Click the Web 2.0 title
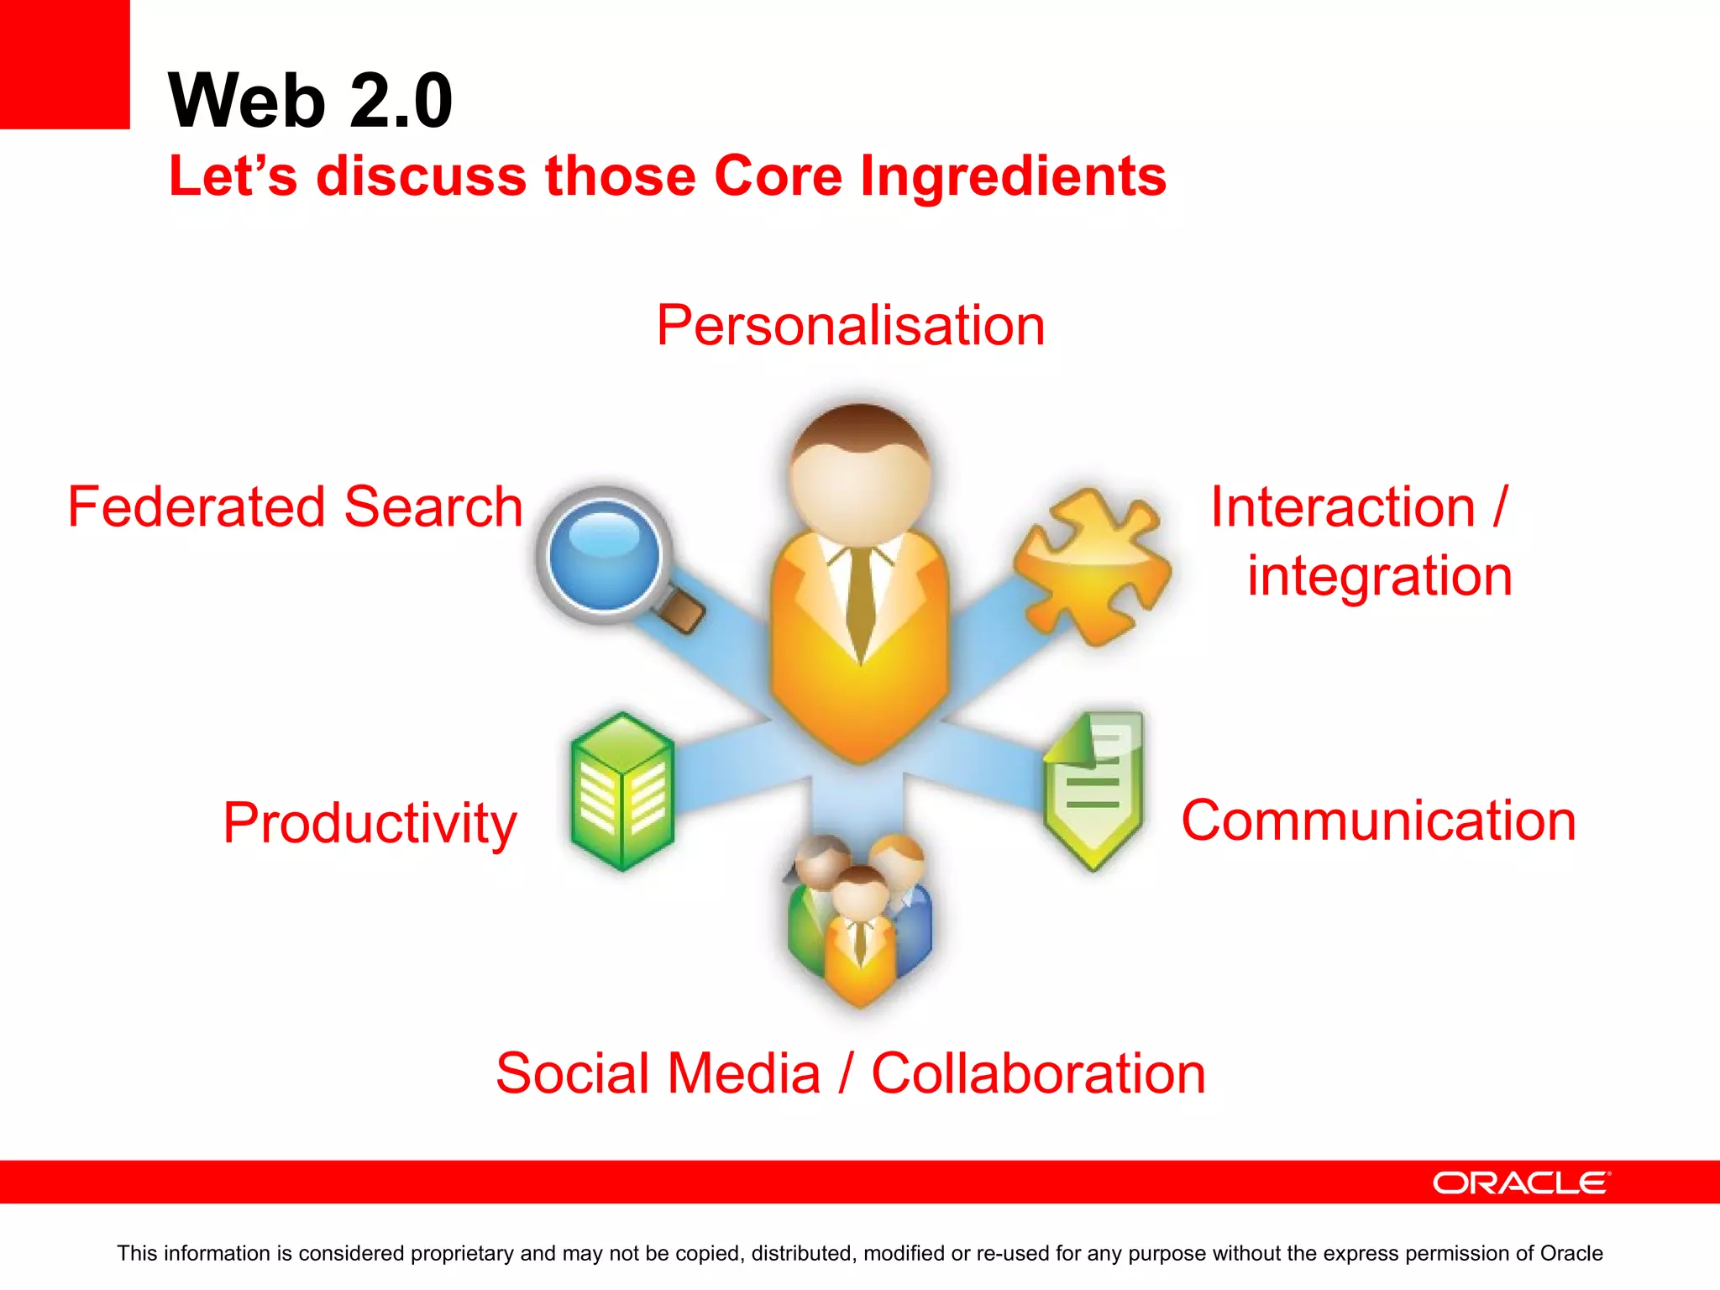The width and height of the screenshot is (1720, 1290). tap(310, 101)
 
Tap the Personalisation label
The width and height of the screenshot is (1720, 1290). tap(850, 326)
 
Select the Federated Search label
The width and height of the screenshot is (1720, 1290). tap(295, 507)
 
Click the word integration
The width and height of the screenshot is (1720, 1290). tap(1379, 576)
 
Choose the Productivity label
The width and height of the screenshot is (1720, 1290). tap(370, 823)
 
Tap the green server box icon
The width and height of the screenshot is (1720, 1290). tap(622, 791)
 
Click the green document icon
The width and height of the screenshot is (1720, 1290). tap(1093, 788)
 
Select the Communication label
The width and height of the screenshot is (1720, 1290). tap(1378, 821)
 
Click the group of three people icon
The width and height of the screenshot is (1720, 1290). tap(859, 920)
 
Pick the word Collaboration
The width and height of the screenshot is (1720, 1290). tap(1038, 1073)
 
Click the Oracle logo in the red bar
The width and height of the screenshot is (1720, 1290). tap(1521, 1182)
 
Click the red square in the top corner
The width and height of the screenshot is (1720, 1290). tap(65, 64)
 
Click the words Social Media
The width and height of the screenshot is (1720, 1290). tap(658, 1073)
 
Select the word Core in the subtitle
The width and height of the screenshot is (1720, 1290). tap(778, 176)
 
